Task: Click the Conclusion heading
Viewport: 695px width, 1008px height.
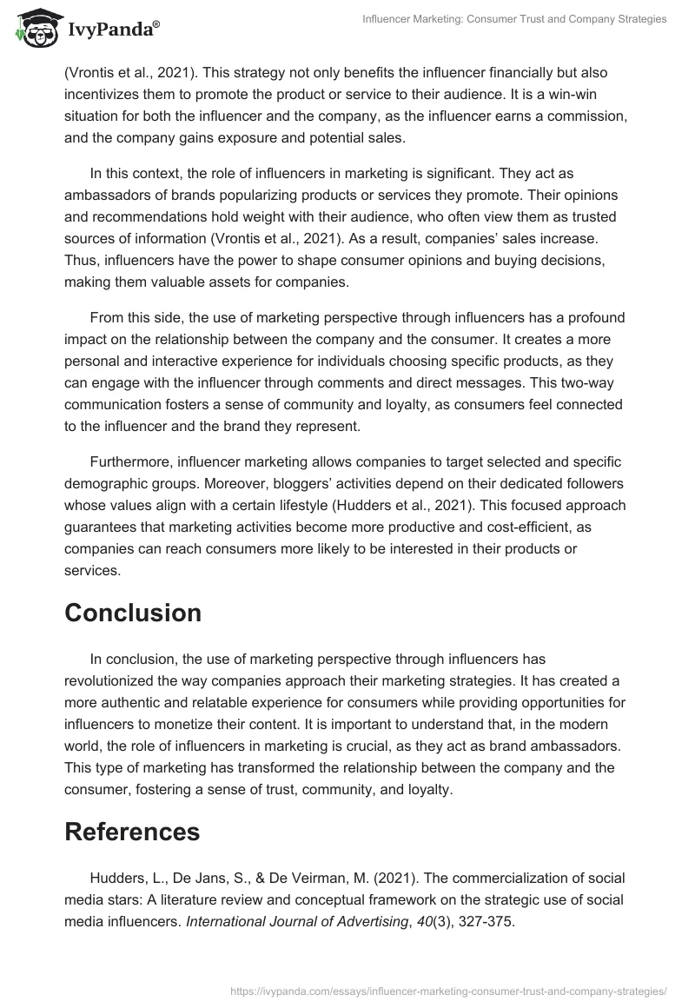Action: (x=133, y=613)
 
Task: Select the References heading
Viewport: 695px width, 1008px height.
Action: (x=132, y=832)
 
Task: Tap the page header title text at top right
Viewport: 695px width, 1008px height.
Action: (x=514, y=19)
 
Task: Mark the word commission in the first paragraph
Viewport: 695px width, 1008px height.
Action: (x=586, y=116)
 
